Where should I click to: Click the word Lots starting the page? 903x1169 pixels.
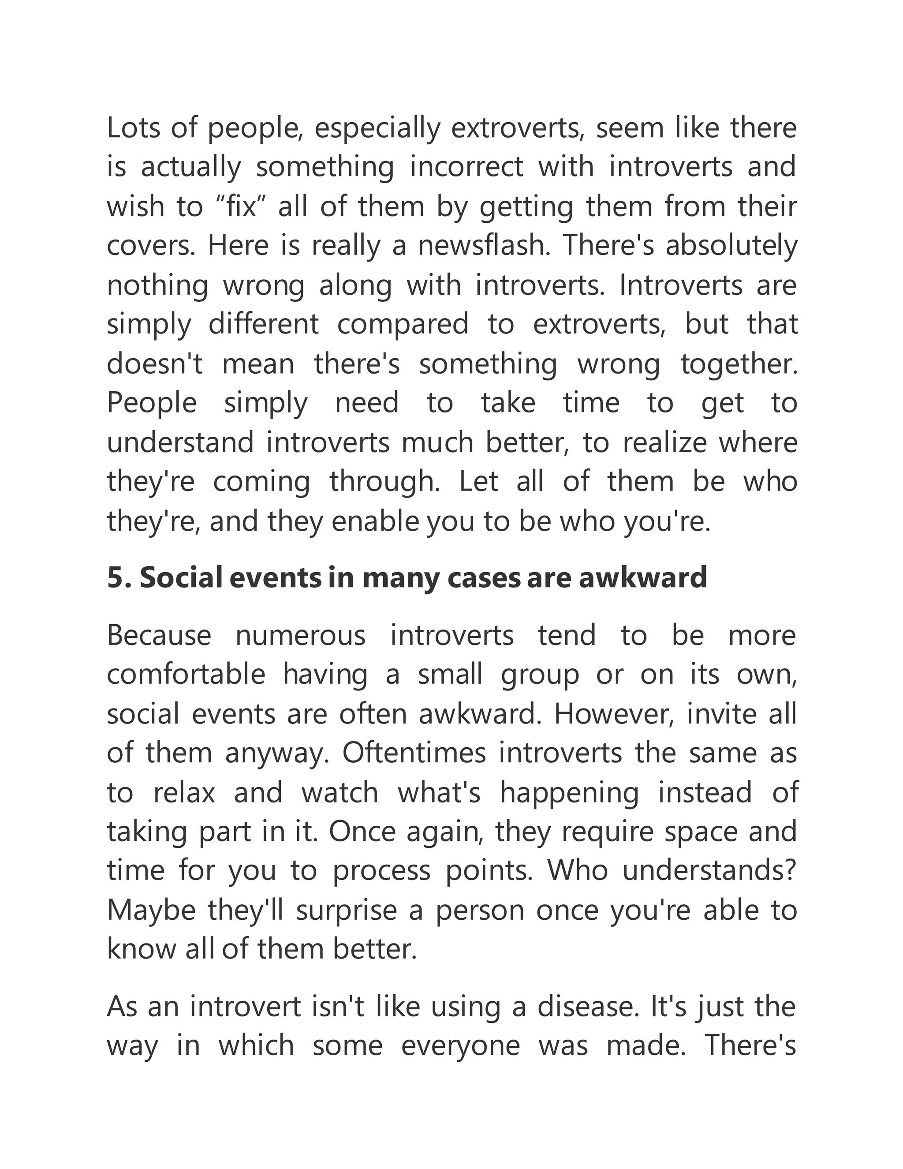tap(133, 128)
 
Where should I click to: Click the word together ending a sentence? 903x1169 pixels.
tap(738, 364)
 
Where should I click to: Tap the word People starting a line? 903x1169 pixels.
tap(152, 404)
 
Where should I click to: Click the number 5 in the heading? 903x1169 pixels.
tap(116, 578)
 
